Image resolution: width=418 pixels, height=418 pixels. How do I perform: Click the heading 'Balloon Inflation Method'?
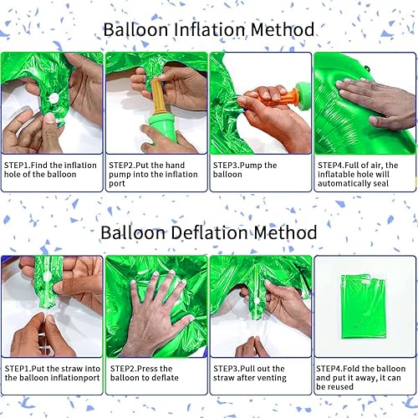click(208, 30)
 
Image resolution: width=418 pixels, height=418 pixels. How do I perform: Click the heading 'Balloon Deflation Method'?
click(208, 232)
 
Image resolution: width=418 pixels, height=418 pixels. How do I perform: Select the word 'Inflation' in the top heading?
click(208, 30)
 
